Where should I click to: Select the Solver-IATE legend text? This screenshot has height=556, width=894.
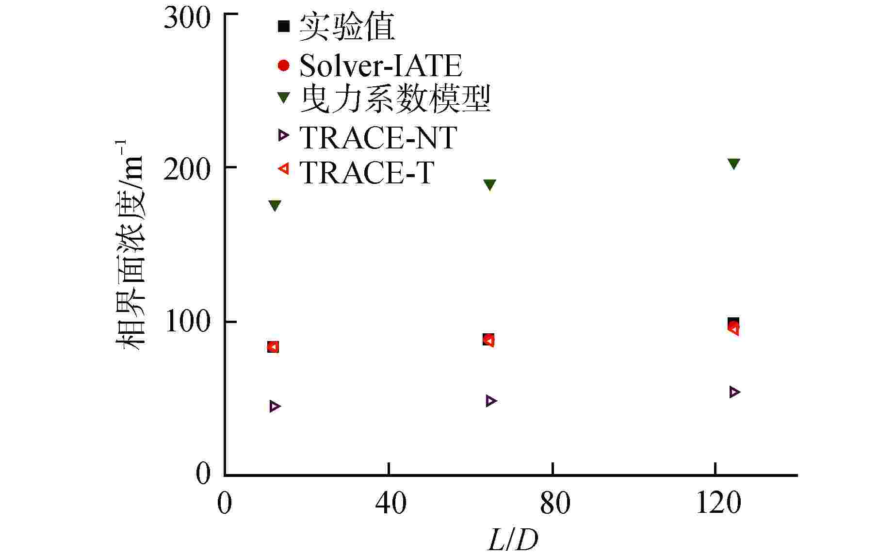380,65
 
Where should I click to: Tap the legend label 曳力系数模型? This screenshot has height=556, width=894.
395,99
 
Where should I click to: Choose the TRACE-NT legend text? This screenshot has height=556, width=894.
378,138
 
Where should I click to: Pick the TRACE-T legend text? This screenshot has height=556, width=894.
366,172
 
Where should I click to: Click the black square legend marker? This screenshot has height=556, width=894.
283,26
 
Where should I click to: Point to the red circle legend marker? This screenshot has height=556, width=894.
283,65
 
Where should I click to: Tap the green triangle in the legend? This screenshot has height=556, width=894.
283,98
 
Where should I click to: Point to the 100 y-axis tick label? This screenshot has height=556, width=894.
188,322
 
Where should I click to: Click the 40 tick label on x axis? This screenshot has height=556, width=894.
390,503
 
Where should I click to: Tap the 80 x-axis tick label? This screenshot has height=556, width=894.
555,503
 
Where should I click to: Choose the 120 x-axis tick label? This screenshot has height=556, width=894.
718,503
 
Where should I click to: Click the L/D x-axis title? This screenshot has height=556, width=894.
513,540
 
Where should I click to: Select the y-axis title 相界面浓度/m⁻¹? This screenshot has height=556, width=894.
130,245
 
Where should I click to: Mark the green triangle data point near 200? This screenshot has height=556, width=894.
733,164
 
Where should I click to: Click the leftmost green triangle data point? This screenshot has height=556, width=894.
275,206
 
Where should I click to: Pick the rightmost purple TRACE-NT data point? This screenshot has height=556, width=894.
734,392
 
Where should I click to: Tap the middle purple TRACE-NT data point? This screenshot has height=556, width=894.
491,401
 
